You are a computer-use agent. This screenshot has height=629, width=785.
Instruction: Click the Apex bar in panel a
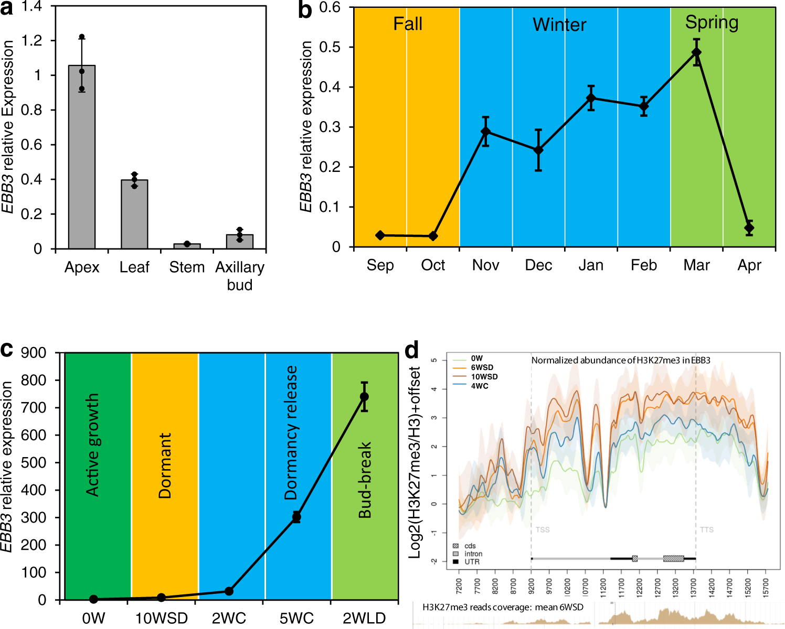(82, 157)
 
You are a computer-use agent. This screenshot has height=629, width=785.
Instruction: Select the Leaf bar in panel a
(134, 214)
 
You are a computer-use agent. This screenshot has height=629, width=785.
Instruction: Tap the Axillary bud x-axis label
(240, 276)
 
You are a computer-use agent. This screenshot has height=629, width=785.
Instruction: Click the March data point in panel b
(696, 52)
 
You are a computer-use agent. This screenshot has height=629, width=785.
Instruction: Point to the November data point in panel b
(485, 132)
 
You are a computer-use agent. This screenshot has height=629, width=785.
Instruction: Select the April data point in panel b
(749, 227)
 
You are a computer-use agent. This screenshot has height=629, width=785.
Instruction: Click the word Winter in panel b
(559, 25)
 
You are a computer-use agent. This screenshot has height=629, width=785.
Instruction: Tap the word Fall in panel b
(408, 24)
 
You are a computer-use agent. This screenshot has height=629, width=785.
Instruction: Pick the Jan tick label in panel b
(591, 265)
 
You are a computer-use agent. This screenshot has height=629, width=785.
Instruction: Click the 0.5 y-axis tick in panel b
(330, 47)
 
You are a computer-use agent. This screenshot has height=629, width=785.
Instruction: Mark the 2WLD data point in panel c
(364, 397)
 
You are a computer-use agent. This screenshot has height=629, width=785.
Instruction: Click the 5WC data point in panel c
(296, 517)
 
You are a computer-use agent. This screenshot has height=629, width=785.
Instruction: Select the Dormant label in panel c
(165, 465)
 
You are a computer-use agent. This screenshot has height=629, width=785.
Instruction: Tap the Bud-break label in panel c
(365, 480)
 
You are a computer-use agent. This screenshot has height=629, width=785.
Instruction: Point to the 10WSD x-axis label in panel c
(161, 619)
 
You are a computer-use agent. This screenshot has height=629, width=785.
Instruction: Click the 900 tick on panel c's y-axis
(34, 353)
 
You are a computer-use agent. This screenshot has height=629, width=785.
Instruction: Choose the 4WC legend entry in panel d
(479, 386)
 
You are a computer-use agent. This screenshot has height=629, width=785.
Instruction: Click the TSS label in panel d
(543, 530)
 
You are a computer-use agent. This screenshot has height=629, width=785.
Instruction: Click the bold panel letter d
(412, 350)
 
